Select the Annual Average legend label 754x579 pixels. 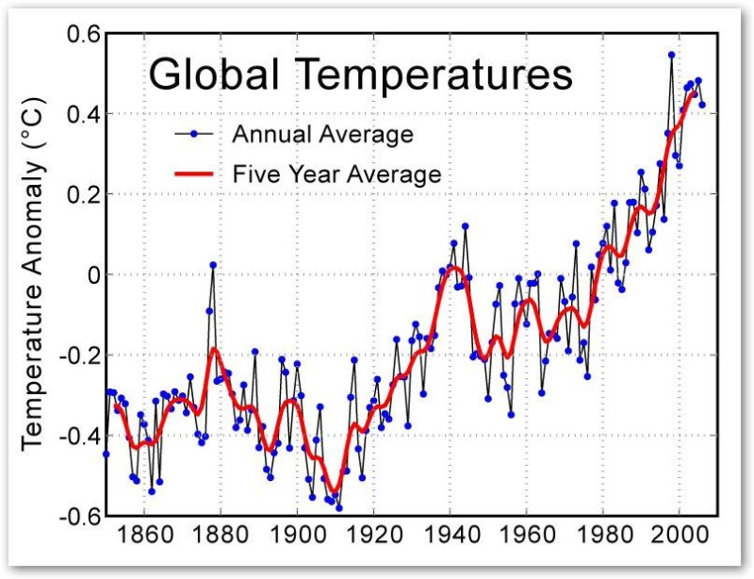click(322, 134)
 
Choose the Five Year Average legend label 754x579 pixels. click(336, 174)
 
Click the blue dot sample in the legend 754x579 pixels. click(193, 134)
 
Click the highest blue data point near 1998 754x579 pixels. click(672, 55)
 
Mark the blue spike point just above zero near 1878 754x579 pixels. click(213, 265)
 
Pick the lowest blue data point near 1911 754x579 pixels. click(339, 507)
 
